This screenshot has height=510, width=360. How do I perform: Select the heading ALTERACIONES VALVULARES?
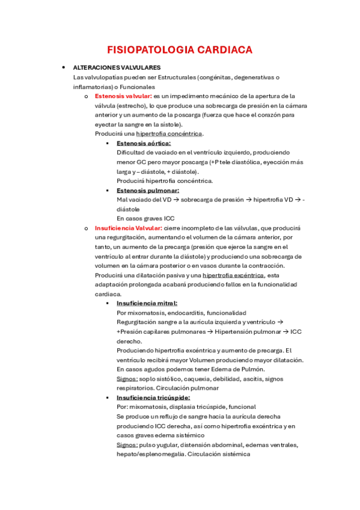(117, 68)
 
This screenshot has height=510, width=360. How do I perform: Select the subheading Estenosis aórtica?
(144, 143)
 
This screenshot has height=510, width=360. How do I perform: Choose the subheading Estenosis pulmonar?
(147, 190)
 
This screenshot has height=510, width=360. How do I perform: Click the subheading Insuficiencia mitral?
(147, 304)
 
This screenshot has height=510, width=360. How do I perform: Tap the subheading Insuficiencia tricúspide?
(153, 398)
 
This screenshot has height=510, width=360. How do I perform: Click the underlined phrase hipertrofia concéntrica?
(169, 134)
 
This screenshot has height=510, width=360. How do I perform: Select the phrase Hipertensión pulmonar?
(248, 331)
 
